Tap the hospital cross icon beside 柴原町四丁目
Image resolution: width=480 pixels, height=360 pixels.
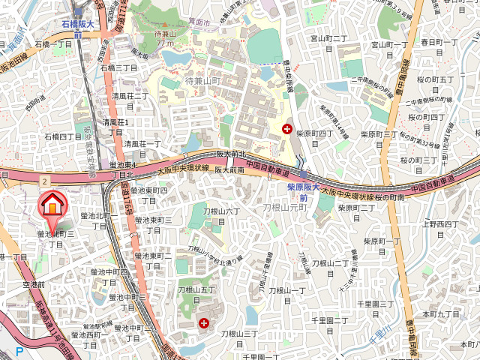click(x=286, y=129)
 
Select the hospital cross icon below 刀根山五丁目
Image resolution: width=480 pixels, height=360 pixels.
click(x=204, y=322)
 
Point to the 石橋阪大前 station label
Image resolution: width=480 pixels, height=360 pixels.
click(x=78, y=29)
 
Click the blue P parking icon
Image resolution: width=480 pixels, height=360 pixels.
click(x=19, y=351)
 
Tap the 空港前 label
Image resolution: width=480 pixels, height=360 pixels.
click(x=34, y=285)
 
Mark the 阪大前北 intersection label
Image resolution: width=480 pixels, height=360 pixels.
click(x=232, y=154)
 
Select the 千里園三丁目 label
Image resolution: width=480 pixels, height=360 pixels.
click(x=375, y=304)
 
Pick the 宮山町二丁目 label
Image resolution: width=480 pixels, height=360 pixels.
click(x=329, y=38)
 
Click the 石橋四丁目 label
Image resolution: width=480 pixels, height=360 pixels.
click(x=63, y=136)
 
